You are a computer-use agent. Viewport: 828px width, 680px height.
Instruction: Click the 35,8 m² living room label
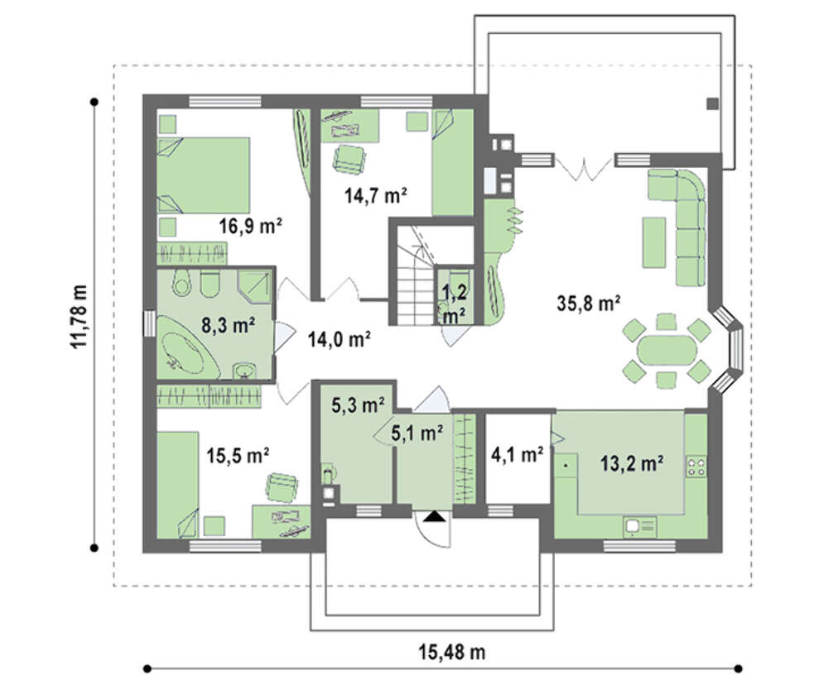[588, 304]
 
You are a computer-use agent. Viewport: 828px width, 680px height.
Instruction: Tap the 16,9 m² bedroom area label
[251, 226]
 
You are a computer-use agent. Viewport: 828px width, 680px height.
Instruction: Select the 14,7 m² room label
[375, 196]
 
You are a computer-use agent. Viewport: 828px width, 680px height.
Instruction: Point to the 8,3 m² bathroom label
[229, 325]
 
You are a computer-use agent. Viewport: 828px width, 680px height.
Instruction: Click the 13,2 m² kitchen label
[632, 463]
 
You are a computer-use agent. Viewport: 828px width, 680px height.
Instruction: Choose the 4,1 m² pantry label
[517, 454]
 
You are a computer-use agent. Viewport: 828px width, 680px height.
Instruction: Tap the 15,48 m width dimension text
[452, 652]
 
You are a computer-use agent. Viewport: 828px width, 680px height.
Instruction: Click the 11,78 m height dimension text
[79, 317]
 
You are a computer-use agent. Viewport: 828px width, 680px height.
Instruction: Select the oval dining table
[667, 350]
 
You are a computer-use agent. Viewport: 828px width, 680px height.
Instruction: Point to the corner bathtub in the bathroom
[187, 347]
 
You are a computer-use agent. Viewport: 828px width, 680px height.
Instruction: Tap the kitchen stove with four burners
[696, 467]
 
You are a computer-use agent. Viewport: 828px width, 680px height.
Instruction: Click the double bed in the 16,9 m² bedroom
[204, 175]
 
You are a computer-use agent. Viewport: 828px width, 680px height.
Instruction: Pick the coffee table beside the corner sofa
[653, 242]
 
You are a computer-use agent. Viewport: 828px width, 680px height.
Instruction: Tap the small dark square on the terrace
[712, 104]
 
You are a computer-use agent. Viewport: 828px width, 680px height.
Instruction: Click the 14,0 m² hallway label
[339, 339]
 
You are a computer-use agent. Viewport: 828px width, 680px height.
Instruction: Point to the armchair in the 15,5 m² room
[282, 487]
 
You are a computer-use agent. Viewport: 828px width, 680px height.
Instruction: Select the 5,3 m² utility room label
[358, 405]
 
